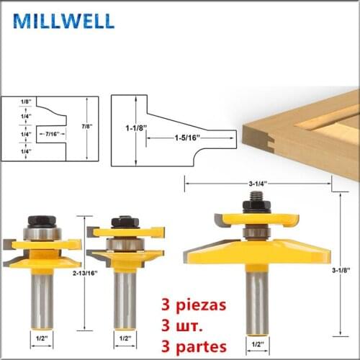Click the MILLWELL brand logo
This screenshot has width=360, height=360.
tap(64, 21)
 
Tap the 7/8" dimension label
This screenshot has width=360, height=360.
tap(87, 127)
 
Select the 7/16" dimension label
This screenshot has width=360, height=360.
tap(53, 134)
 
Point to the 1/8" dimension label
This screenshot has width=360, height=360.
tap(26, 102)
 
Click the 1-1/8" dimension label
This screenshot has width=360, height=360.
tap(136, 128)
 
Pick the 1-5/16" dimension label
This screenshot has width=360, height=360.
tap(187, 138)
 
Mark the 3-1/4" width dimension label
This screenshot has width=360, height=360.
tap(258, 184)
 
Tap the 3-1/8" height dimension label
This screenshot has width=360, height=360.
tap(341, 270)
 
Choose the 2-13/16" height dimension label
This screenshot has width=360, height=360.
tap(85, 273)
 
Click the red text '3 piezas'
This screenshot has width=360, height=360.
tap(194, 305)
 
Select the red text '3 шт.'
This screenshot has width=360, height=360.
tap(181, 325)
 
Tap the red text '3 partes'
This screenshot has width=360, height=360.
tap(194, 347)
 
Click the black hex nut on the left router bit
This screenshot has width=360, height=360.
tap(42, 221)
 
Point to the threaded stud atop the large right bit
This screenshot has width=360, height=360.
tap(256, 196)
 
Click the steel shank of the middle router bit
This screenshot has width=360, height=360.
tap(125, 300)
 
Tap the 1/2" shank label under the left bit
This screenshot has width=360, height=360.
tap(42, 338)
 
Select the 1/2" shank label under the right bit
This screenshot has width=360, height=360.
tap(258, 344)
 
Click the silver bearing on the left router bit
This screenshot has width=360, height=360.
tap(42, 233)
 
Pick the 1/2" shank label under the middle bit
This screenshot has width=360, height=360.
tap(125, 338)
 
